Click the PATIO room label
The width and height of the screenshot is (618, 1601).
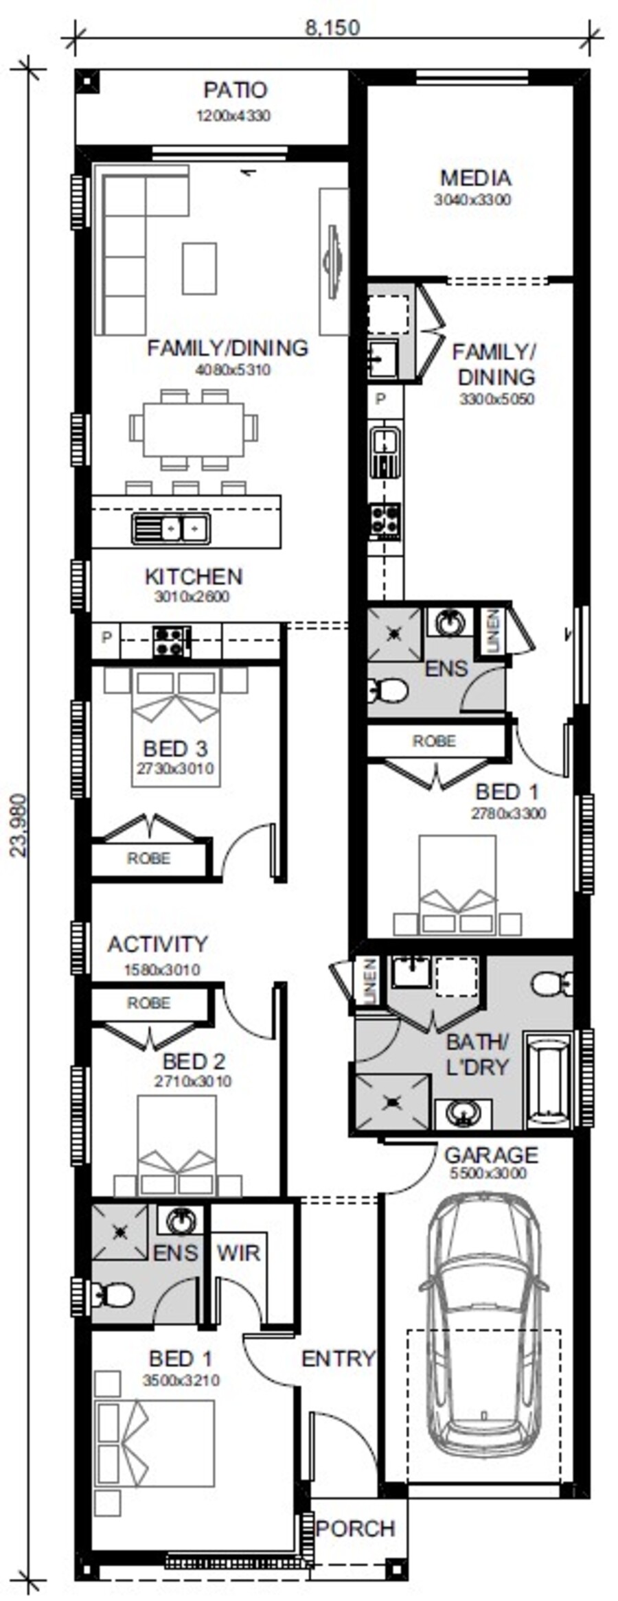click(x=235, y=90)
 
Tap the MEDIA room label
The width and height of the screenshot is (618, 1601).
click(x=475, y=178)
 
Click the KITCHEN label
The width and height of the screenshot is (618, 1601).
click(x=194, y=576)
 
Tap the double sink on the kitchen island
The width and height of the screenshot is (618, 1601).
click(x=171, y=529)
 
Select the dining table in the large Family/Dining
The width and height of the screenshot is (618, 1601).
click(x=194, y=429)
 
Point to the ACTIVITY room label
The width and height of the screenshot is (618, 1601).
click(x=157, y=944)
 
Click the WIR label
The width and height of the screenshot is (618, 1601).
click(x=238, y=1253)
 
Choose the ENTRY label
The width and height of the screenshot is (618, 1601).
click(x=339, y=1358)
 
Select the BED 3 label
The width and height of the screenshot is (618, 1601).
click(x=175, y=748)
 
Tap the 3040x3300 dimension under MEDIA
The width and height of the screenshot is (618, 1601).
click(x=472, y=200)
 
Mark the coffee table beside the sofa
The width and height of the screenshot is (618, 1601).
click(x=199, y=268)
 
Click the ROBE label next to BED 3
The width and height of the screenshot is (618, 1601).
click(x=148, y=858)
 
